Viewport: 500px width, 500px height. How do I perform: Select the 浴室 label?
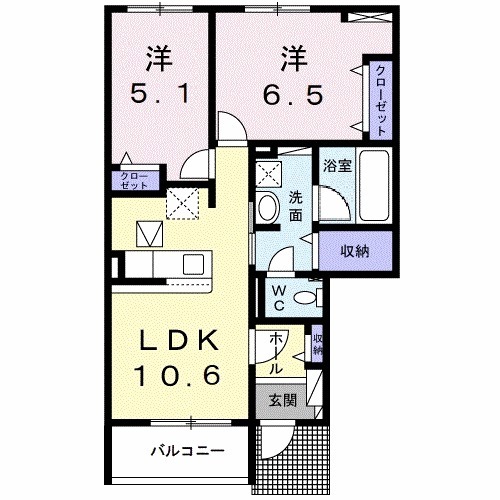click(336, 165)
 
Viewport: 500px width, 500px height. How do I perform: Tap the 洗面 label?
click(297, 205)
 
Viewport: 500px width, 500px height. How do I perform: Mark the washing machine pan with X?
click(268, 173)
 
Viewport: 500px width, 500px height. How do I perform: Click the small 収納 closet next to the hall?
click(318, 345)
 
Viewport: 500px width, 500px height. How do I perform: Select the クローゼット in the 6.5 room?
click(381, 100)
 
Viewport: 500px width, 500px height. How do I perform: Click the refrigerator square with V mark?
click(150, 235)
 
